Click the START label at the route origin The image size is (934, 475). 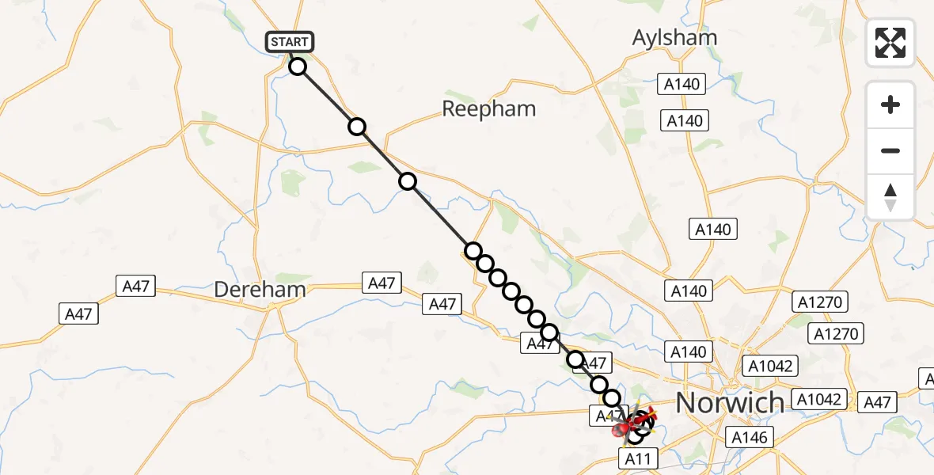(x=290, y=42)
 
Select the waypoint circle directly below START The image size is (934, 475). (x=297, y=66)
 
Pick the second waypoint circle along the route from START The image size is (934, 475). (x=357, y=127)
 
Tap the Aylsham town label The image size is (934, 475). (x=675, y=37)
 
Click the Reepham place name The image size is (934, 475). (x=488, y=109)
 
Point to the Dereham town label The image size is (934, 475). (x=260, y=290)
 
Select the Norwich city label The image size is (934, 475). (x=729, y=402)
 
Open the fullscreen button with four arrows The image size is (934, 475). (x=890, y=43)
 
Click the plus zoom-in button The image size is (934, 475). (x=890, y=104)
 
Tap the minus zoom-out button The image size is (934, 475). (x=890, y=150)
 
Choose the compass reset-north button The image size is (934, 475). (x=890, y=197)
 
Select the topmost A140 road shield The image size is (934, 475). (x=682, y=83)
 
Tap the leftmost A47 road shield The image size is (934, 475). (x=78, y=313)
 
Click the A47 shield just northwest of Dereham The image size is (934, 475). (x=135, y=286)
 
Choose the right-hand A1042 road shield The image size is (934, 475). (x=818, y=399)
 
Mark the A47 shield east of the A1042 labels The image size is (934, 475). (x=877, y=402)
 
